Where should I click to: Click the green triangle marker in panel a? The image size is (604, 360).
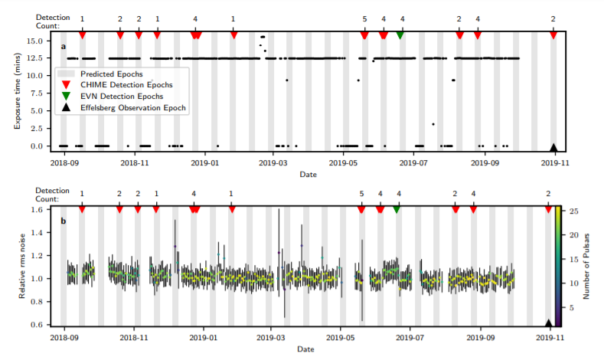(400, 35)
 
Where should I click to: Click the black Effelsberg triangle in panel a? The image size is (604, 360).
(553, 148)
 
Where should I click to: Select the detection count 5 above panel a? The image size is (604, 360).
(365, 19)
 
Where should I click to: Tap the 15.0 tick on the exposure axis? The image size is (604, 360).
(35, 41)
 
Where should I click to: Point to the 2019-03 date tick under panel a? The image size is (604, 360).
(273, 163)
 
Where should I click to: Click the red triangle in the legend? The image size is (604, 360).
(67, 85)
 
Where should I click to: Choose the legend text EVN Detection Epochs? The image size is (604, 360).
(122, 97)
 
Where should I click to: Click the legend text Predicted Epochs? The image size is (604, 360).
(112, 74)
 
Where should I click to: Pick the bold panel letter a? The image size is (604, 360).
(64, 47)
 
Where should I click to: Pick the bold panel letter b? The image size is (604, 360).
(64, 221)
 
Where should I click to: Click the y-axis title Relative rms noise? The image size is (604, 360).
(22, 266)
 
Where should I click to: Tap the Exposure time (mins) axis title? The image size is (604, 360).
(17, 91)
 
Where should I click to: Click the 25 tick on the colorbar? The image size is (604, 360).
(574, 211)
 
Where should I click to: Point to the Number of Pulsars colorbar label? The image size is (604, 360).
(586, 266)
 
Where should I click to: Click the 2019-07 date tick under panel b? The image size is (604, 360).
(410, 338)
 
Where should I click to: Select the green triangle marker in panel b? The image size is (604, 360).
(397, 210)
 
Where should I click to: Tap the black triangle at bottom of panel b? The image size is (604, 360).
(549, 323)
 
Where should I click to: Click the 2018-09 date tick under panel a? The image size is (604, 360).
(64, 163)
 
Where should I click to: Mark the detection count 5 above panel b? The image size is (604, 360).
(361, 194)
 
